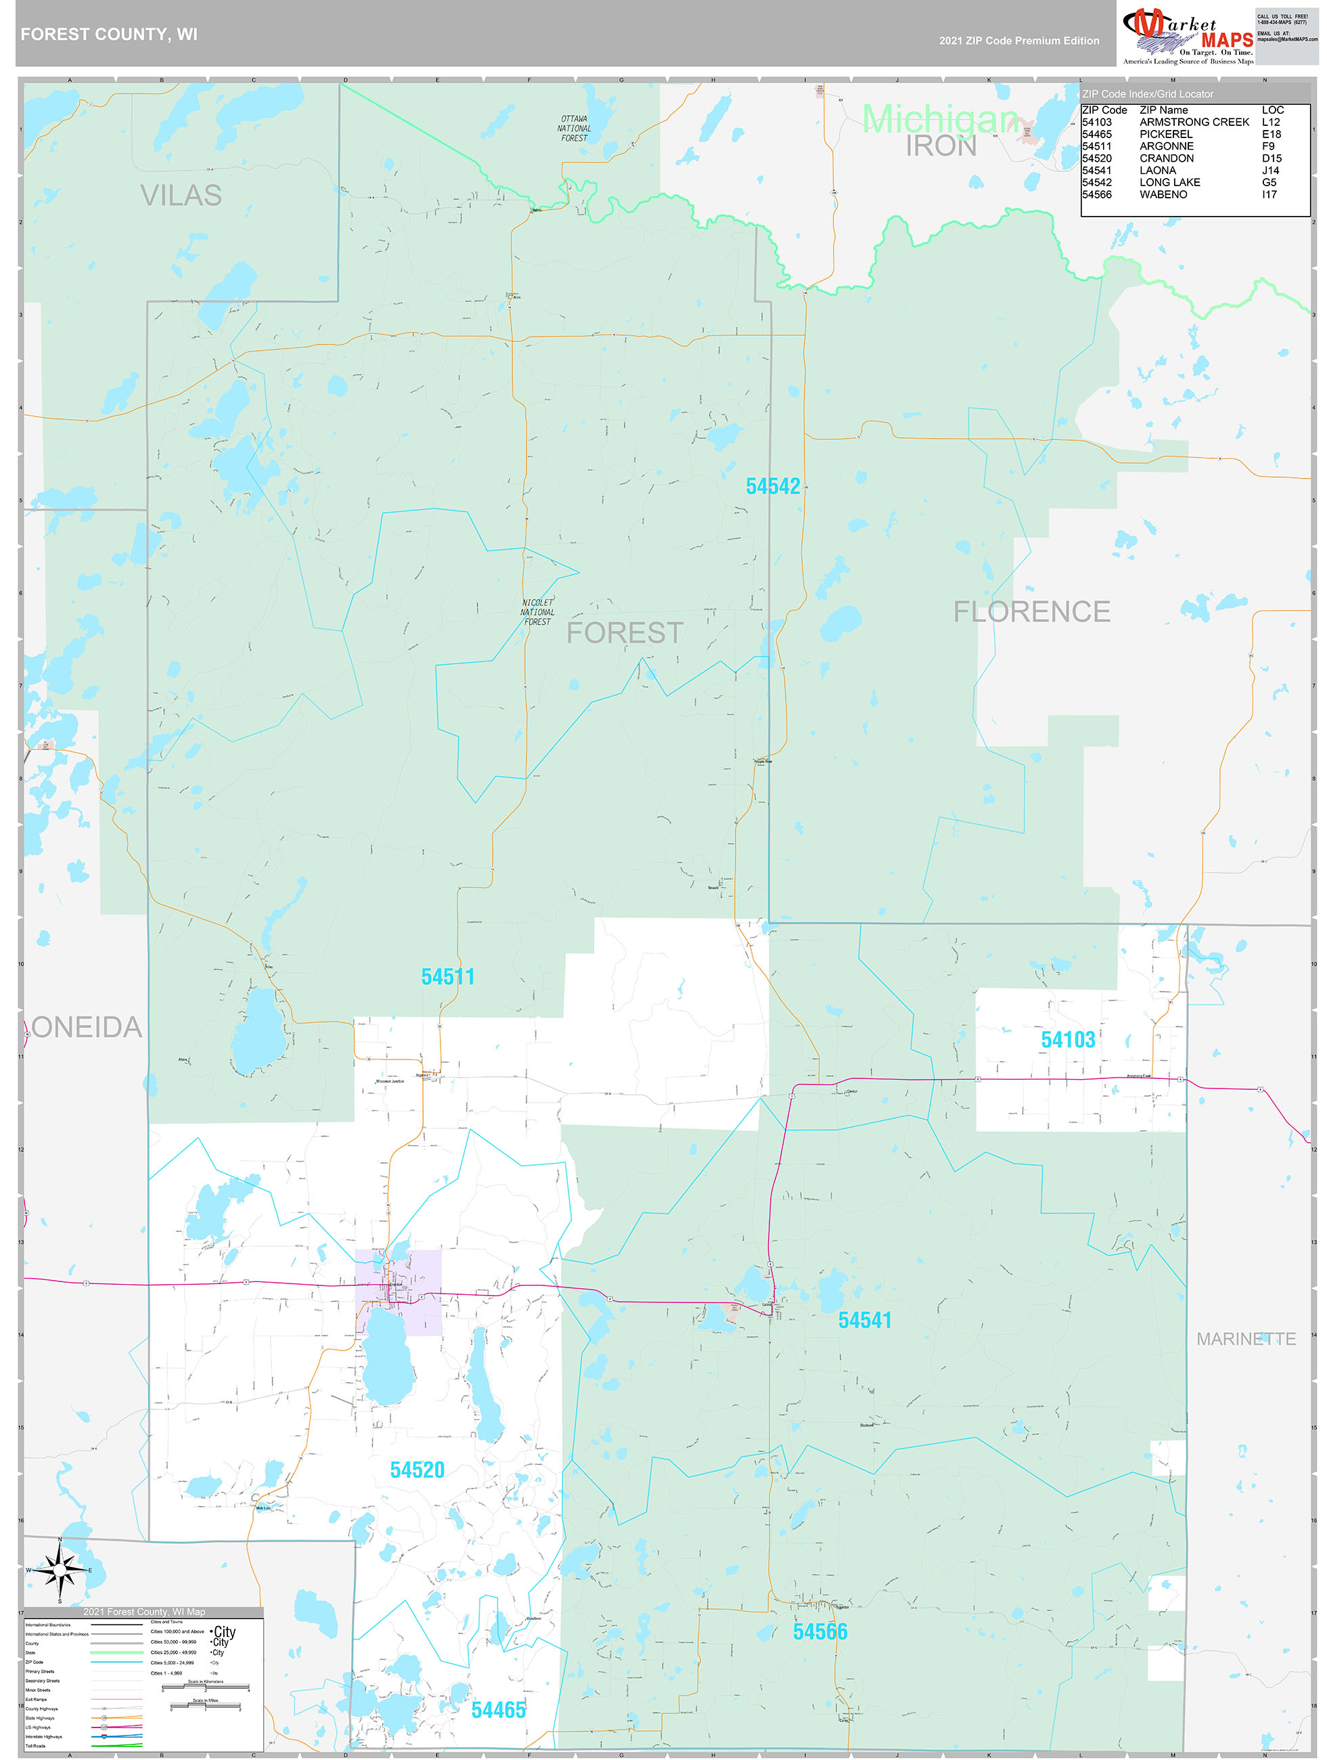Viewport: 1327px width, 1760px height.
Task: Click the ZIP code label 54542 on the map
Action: click(x=773, y=486)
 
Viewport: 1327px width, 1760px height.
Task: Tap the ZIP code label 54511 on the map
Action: click(x=448, y=977)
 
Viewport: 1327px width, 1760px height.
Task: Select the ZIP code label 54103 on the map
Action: click(x=1068, y=1040)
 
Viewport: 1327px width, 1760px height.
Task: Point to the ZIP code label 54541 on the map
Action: click(x=865, y=1321)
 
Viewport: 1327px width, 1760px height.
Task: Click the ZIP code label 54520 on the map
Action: click(x=417, y=1470)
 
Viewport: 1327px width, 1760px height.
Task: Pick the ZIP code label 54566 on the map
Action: click(x=820, y=1632)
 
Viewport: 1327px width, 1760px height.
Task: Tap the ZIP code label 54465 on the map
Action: click(x=498, y=1710)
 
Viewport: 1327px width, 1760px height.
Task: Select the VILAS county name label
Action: click(x=181, y=195)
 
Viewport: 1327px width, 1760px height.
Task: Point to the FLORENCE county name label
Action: click(x=1032, y=612)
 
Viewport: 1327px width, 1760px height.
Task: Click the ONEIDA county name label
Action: click(x=87, y=1027)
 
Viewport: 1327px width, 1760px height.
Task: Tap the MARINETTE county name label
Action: click(x=1246, y=1339)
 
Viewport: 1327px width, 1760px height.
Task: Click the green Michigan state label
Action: click(x=941, y=119)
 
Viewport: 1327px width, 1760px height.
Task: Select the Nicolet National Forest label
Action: click(x=537, y=612)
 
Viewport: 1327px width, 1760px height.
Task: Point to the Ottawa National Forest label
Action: click(x=574, y=128)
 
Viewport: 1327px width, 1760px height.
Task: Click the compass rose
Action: click(x=60, y=1570)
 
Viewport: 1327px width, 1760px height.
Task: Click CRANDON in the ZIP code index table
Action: click(x=1167, y=158)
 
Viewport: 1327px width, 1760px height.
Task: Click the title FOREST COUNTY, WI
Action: click(x=109, y=35)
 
